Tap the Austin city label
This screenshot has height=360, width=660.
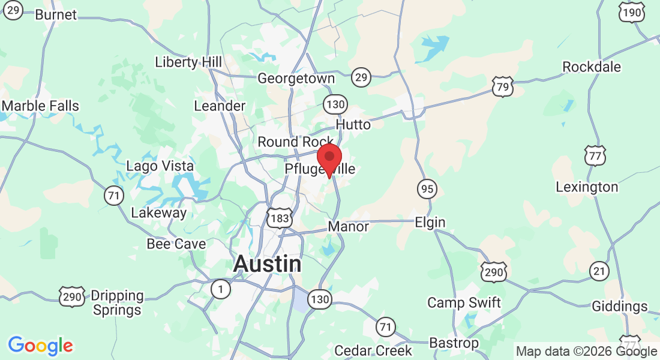pyautogui.click(x=267, y=263)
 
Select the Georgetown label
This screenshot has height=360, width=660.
pyautogui.click(x=296, y=79)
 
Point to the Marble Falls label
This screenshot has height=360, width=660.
pyautogui.click(x=40, y=106)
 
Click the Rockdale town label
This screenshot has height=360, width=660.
pyautogui.click(x=591, y=67)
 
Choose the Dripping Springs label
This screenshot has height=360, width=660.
pyautogui.click(x=117, y=303)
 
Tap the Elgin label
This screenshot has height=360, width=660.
pyautogui.click(x=430, y=223)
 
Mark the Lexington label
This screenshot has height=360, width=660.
pyautogui.click(x=586, y=187)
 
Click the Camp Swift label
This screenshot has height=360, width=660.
pyautogui.click(x=464, y=302)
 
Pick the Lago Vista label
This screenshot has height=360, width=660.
pyautogui.click(x=160, y=166)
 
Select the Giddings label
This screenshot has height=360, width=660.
pyautogui.click(x=620, y=307)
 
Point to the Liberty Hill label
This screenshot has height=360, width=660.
pyautogui.click(x=188, y=62)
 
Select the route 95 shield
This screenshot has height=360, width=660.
pyautogui.click(x=427, y=190)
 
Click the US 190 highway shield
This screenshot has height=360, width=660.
pyautogui.click(x=632, y=13)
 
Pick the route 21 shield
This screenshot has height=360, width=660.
pyautogui.click(x=599, y=271)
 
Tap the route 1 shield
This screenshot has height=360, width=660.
pyautogui.click(x=221, y=290)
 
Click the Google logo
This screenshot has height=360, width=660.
pyautogui.click(x=40, y=346)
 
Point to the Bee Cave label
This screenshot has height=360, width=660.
pyautogui.click(x=176, y=244)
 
